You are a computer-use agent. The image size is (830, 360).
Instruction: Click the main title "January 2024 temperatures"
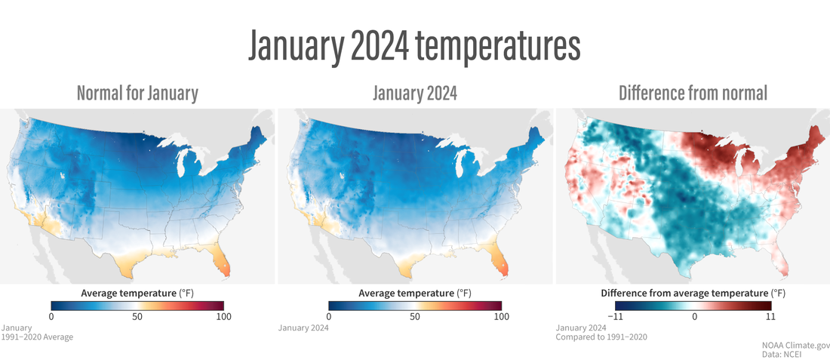(414, 47)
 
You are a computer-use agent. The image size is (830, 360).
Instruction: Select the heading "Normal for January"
(137, 94)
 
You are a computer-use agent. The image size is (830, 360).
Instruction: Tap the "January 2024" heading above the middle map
(414, 94)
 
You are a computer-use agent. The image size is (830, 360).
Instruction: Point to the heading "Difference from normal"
(693, 94)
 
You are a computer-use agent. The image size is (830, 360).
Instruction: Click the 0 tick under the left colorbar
(51, 316)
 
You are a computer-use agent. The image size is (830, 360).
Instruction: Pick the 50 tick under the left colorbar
(137, 316)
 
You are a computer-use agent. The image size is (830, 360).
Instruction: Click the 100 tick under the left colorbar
(223, 316)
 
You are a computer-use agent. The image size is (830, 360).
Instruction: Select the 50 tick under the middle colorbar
(415, 316)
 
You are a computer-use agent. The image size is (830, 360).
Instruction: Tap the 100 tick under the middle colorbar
(501, 316)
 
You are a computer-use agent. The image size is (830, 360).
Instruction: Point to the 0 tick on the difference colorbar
(693, 316)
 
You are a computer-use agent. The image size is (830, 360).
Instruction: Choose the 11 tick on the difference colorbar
(771, 316)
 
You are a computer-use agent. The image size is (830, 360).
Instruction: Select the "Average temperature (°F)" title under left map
(137, 293)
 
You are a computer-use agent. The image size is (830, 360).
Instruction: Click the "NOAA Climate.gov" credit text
(795, 343)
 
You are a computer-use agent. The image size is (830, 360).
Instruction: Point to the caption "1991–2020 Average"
(38, 337)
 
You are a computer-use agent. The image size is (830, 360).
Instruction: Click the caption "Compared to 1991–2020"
(601, 337)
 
